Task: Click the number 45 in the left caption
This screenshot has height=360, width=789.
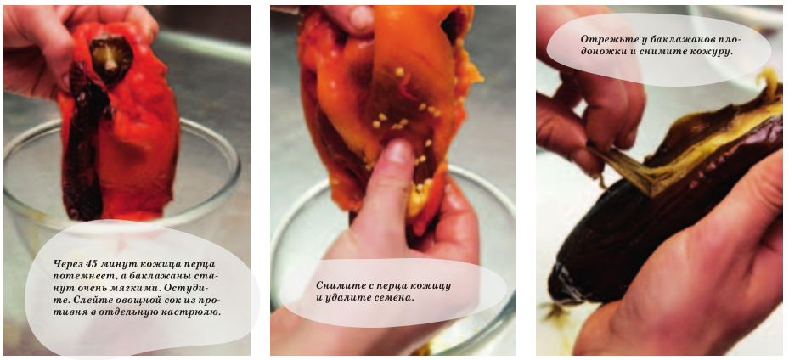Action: point(91,264)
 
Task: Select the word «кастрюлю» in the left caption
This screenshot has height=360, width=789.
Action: point(197,312)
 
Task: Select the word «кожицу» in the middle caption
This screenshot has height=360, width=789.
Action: point(434,286)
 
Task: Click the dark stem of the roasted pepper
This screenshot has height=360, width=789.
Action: point(111,58)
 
